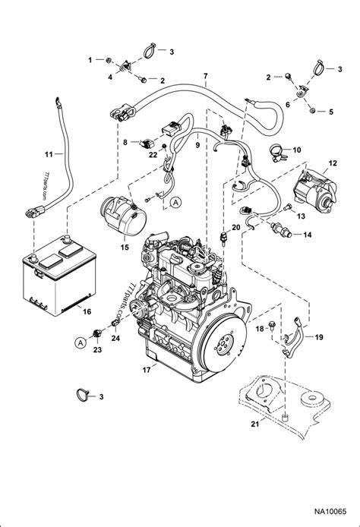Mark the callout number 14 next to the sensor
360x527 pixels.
coord(307,235)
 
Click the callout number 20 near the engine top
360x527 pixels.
coord(236,227)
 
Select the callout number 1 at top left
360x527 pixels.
coord(89,58)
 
